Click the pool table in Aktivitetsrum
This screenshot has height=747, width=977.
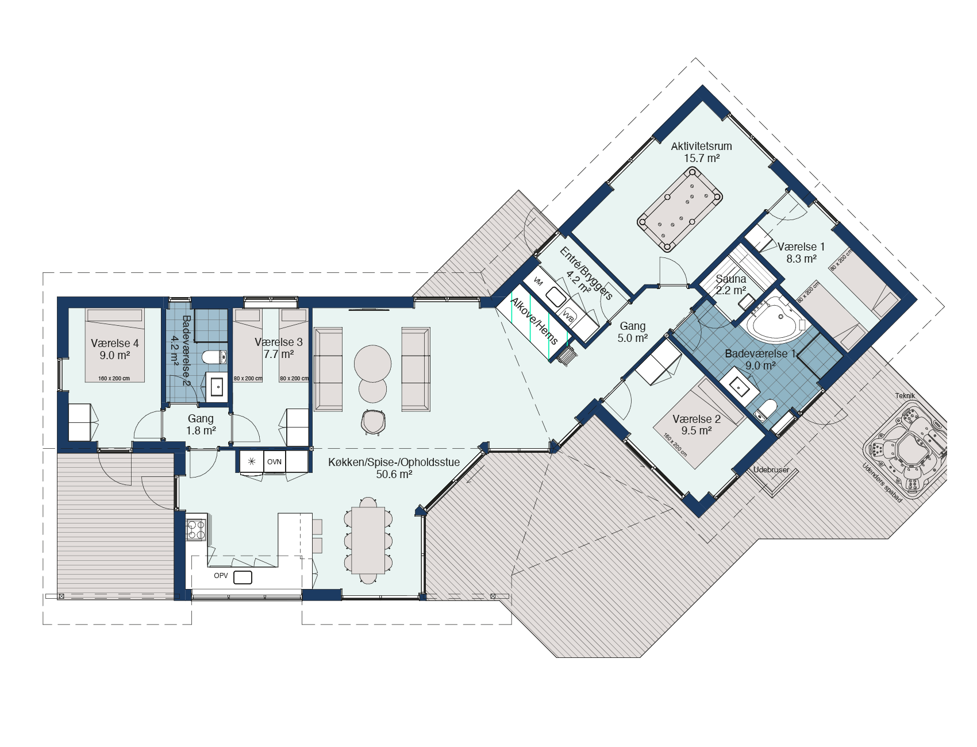[x=680, y=210]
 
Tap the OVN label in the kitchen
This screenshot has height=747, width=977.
[x=274, y=462]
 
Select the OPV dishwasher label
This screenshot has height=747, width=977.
[x=221, y=576]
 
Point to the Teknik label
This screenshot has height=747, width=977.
[x=905, y=396]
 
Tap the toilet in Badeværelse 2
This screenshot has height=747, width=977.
[x=214, y=357]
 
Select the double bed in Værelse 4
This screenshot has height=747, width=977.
[x=114, y=345]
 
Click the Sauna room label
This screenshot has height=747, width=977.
[x=730, y=279]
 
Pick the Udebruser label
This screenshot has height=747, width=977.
[x=771, y=470]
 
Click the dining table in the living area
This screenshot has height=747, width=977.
[x=368, y=540]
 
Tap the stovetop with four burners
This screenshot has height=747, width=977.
[x=196, y=529]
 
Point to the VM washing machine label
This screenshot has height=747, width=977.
[x=538, y=282]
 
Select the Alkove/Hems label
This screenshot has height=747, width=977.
[x=534, y=321]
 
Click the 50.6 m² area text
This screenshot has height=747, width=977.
[x=394, y=475]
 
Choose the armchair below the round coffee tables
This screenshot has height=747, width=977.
[x=373, y=422]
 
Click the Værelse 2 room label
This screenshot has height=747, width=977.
[x=697, y=419]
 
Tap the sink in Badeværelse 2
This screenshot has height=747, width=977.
[x=217, y=387]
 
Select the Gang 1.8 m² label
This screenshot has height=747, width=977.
[x=201, y=425]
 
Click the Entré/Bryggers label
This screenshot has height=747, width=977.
[x=586, y=274]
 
